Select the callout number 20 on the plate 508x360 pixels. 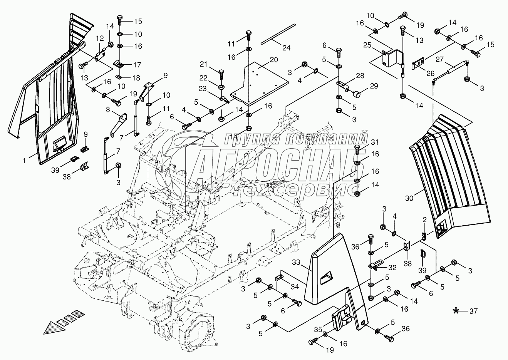273,60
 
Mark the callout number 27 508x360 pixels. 439,60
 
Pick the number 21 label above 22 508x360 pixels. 215,64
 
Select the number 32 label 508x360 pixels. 392,266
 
